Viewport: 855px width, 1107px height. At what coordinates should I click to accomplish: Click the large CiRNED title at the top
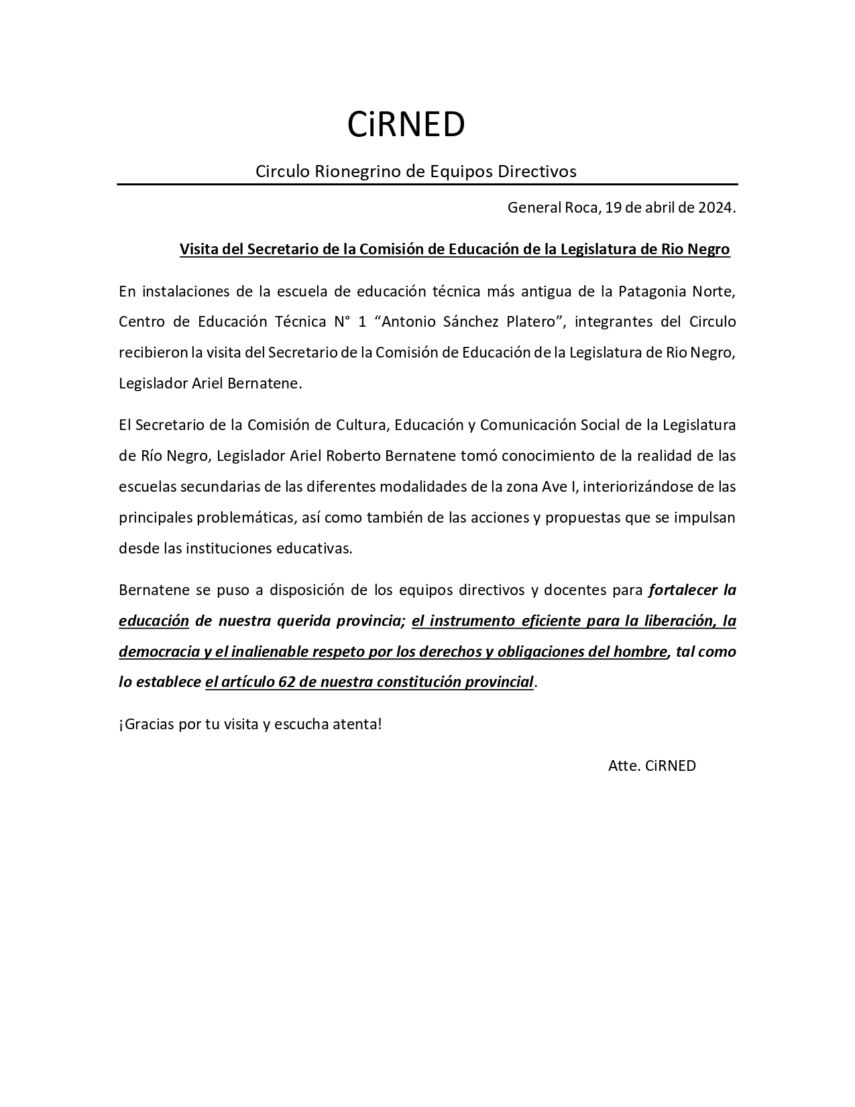point(406,125)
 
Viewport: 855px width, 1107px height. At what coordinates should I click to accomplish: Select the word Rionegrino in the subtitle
point(357,172)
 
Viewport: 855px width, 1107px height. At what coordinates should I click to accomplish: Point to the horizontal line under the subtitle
point(427,184)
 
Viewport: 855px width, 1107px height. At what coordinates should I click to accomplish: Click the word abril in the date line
point(661,208)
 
